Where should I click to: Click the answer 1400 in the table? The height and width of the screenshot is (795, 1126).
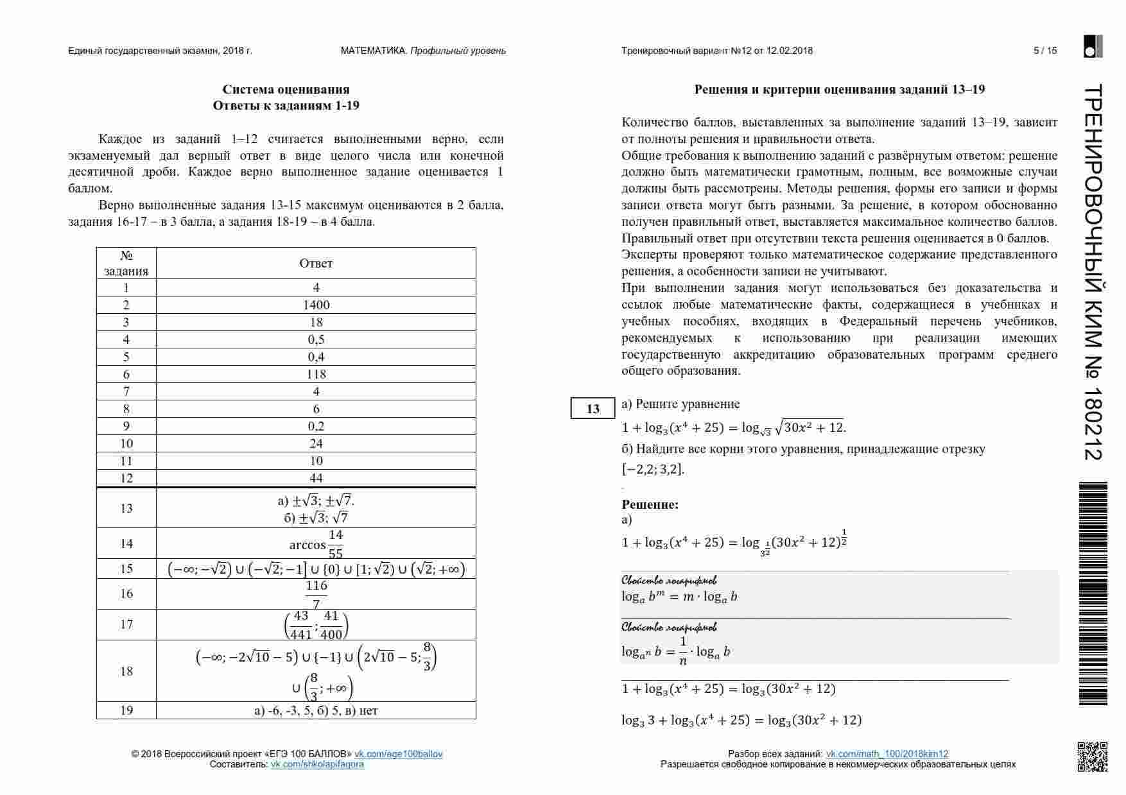(x=316, y=305)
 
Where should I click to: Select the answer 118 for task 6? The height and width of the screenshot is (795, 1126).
(x=316, y=374)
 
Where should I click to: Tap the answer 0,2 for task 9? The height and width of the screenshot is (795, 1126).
(x=316, y=426)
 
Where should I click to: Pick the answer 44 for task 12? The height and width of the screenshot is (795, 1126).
(x=316, y=478)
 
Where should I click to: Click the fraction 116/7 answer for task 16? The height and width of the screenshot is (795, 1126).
(x=316, y=594)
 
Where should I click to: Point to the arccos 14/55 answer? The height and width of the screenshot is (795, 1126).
(x=316, y=543)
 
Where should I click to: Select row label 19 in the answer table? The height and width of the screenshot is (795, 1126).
(x=126, y=710)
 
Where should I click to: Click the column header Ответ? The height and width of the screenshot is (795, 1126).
(x=316, y=263)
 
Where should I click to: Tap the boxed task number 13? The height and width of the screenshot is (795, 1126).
(x=593, y=409)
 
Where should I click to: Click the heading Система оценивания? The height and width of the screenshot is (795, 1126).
(x=286, y=89)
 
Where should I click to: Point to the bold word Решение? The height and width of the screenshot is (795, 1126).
(x=650, y=504)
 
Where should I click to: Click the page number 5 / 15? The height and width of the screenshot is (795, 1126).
(x=1045, y=51)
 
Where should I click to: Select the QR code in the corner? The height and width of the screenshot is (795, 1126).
(x=1092, y=757)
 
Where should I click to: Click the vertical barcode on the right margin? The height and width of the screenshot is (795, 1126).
(x=1093, y=594)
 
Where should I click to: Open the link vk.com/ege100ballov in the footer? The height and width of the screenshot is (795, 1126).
(x=399, y=754)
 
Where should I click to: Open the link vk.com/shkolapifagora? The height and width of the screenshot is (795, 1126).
(x=317, y=764)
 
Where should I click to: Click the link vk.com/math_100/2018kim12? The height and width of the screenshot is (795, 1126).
(x=887, y=754)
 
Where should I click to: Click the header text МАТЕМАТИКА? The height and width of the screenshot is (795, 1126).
(x=373, y=51)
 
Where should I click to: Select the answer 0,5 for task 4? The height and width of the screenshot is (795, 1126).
(x=316, y=339)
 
